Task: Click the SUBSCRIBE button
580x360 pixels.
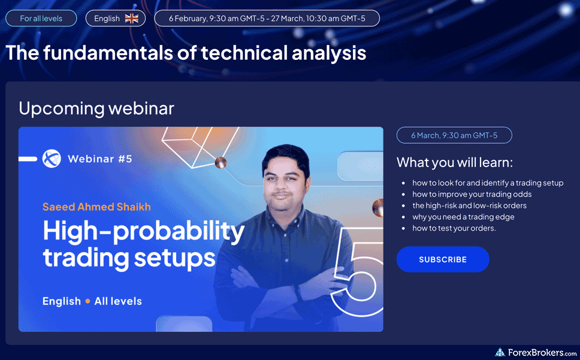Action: point(443,259)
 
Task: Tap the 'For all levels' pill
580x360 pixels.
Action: point(41,19)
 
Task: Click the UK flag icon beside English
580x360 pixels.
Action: point(131,19)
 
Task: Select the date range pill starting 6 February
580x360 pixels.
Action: point(267,19)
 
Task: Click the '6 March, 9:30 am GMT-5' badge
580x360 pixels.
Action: point(454,135)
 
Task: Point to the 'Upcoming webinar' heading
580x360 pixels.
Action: point(96,108)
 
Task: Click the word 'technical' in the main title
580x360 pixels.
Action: point(244,53)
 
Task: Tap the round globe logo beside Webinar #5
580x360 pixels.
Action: point(52,159)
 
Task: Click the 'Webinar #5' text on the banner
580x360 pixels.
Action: point(100,159)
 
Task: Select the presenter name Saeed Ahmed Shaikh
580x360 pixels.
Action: point(96,207)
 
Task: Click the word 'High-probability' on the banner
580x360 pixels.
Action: point(144,232)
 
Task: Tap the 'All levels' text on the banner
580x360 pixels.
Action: point(118,301)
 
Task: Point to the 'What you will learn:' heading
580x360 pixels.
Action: point(455,162)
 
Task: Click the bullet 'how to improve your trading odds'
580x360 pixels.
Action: point(472,194)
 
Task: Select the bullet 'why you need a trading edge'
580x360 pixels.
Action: point(463,217)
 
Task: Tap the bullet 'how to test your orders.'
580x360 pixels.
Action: point(454,228)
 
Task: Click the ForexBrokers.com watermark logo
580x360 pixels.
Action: point(536,352)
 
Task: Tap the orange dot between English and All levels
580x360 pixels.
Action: point(87,301)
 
